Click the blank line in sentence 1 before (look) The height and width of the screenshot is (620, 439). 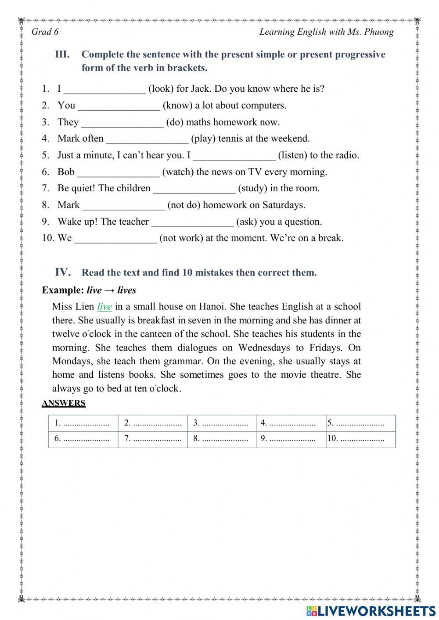[104, 90]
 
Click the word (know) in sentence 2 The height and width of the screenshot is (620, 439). [177, 106]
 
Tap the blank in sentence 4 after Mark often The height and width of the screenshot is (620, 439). [147, 139]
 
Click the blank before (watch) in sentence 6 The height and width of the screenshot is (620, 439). [118, 172]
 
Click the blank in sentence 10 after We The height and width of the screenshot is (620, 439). [115, 239]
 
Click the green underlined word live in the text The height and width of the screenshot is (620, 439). [104, 307]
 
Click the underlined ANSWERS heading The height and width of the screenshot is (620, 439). [64, 403]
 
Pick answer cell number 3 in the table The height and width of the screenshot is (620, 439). [222, 423]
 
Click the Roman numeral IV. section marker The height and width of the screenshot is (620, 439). [63, 272]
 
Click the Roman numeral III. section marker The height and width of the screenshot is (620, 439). [62, 55]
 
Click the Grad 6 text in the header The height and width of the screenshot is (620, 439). [45, 32]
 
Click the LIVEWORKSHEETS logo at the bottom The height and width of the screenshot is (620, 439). [371, 610]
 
